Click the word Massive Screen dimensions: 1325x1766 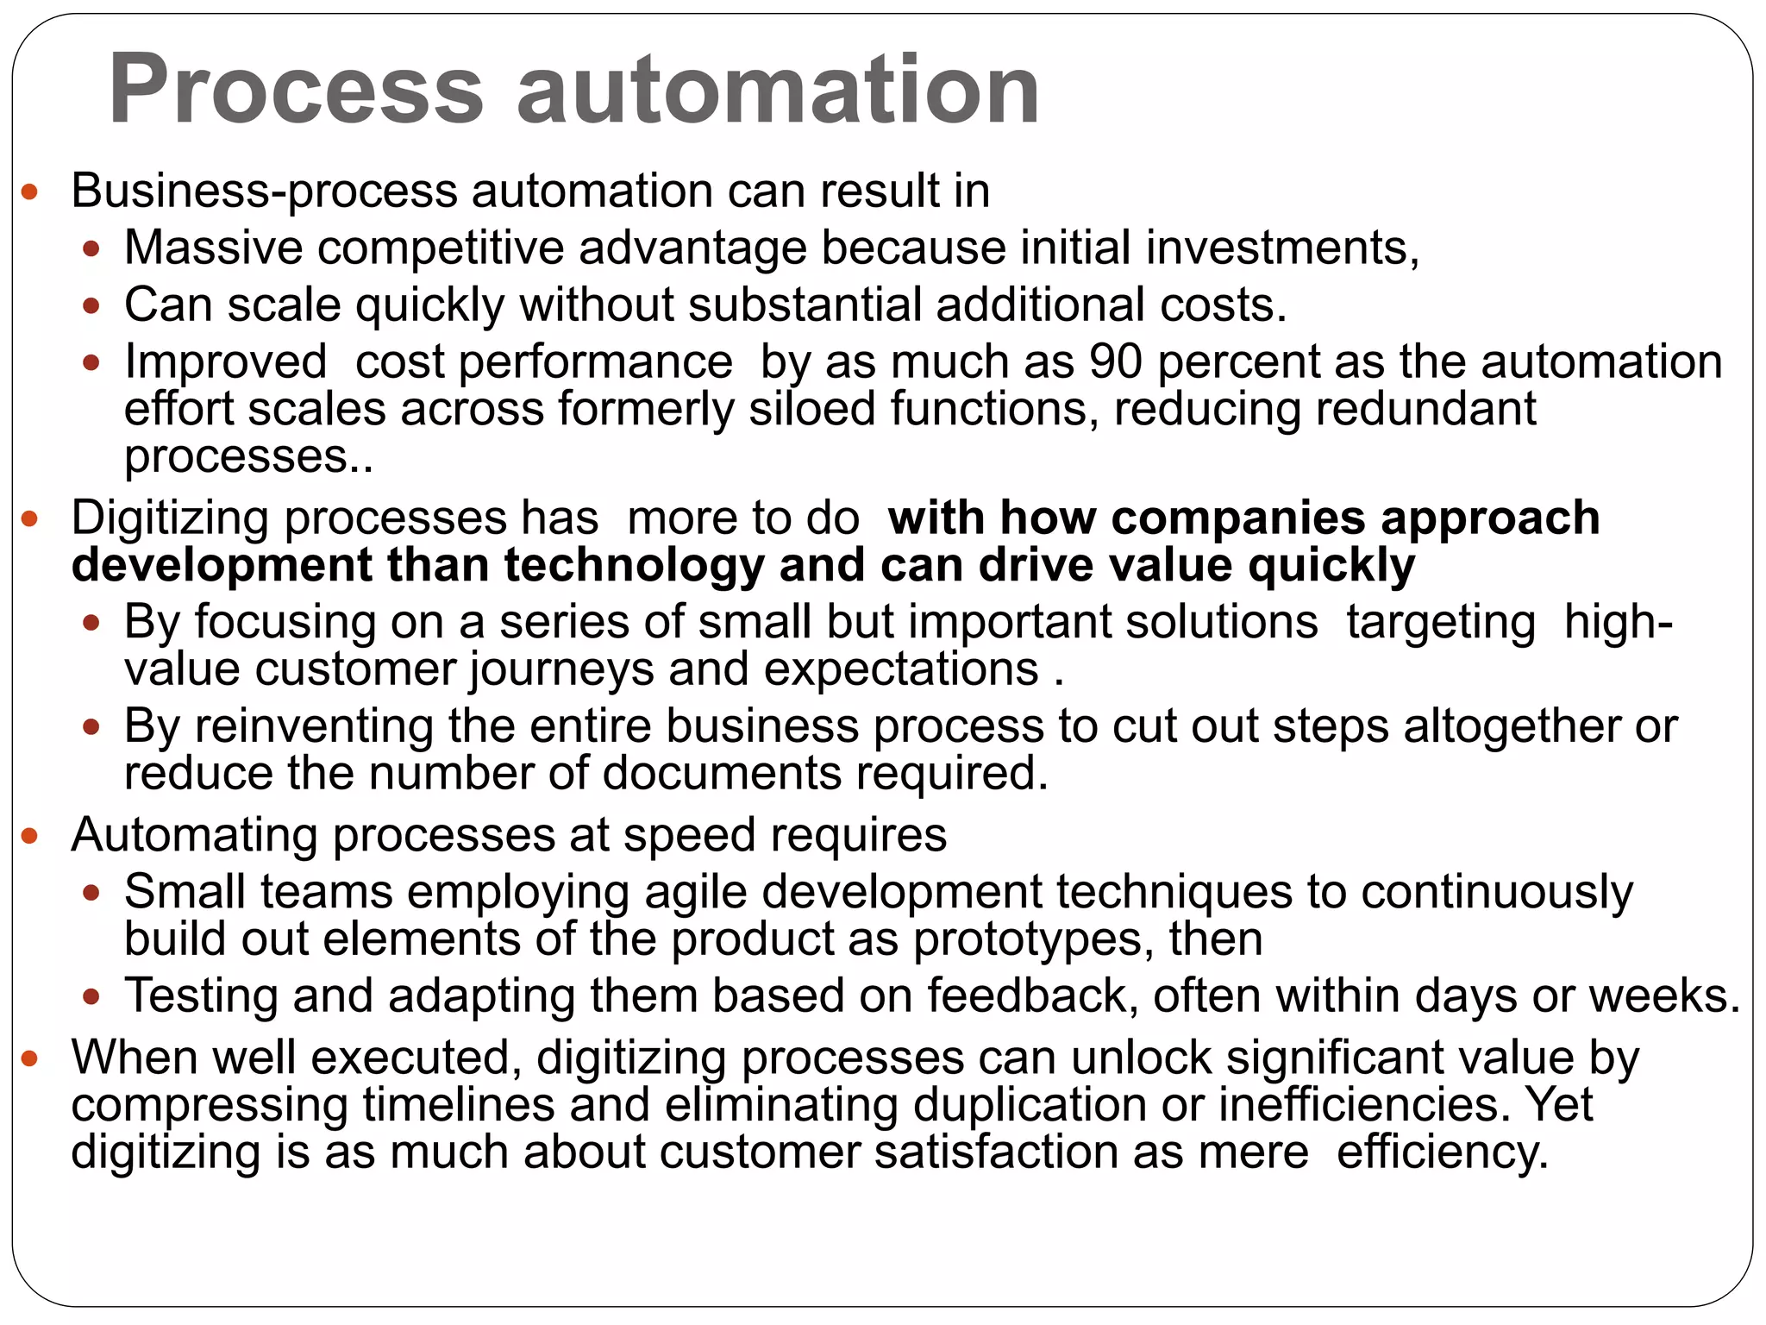point(213,248)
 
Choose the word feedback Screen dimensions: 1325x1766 point(1026,995)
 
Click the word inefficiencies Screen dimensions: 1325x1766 point(1364,1105)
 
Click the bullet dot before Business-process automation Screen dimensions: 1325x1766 point(30,192)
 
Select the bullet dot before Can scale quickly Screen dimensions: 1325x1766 point(91,306)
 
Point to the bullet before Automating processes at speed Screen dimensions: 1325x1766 point(30,836)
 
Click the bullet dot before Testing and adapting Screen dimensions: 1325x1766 point(91,997)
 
